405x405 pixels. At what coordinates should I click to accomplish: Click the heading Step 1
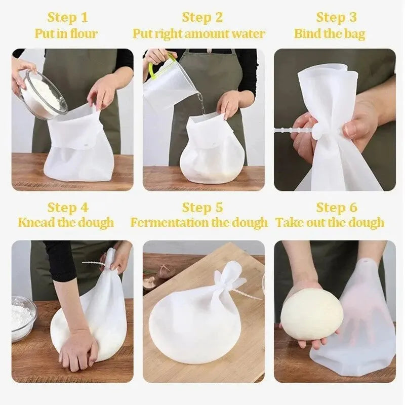point(67,17)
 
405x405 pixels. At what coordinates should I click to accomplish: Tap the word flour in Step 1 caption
point(83,34)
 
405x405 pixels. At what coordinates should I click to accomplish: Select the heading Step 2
point(202,17)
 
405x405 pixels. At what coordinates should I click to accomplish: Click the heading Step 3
point(336,17)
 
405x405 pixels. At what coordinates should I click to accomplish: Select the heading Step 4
point(67,207)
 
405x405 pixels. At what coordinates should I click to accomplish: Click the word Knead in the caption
point(34,222)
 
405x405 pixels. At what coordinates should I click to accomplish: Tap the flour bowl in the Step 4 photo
point(23,316)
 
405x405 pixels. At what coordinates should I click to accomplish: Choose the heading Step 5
point(202,207)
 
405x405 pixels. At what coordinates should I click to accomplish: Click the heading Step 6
point(336,207)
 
